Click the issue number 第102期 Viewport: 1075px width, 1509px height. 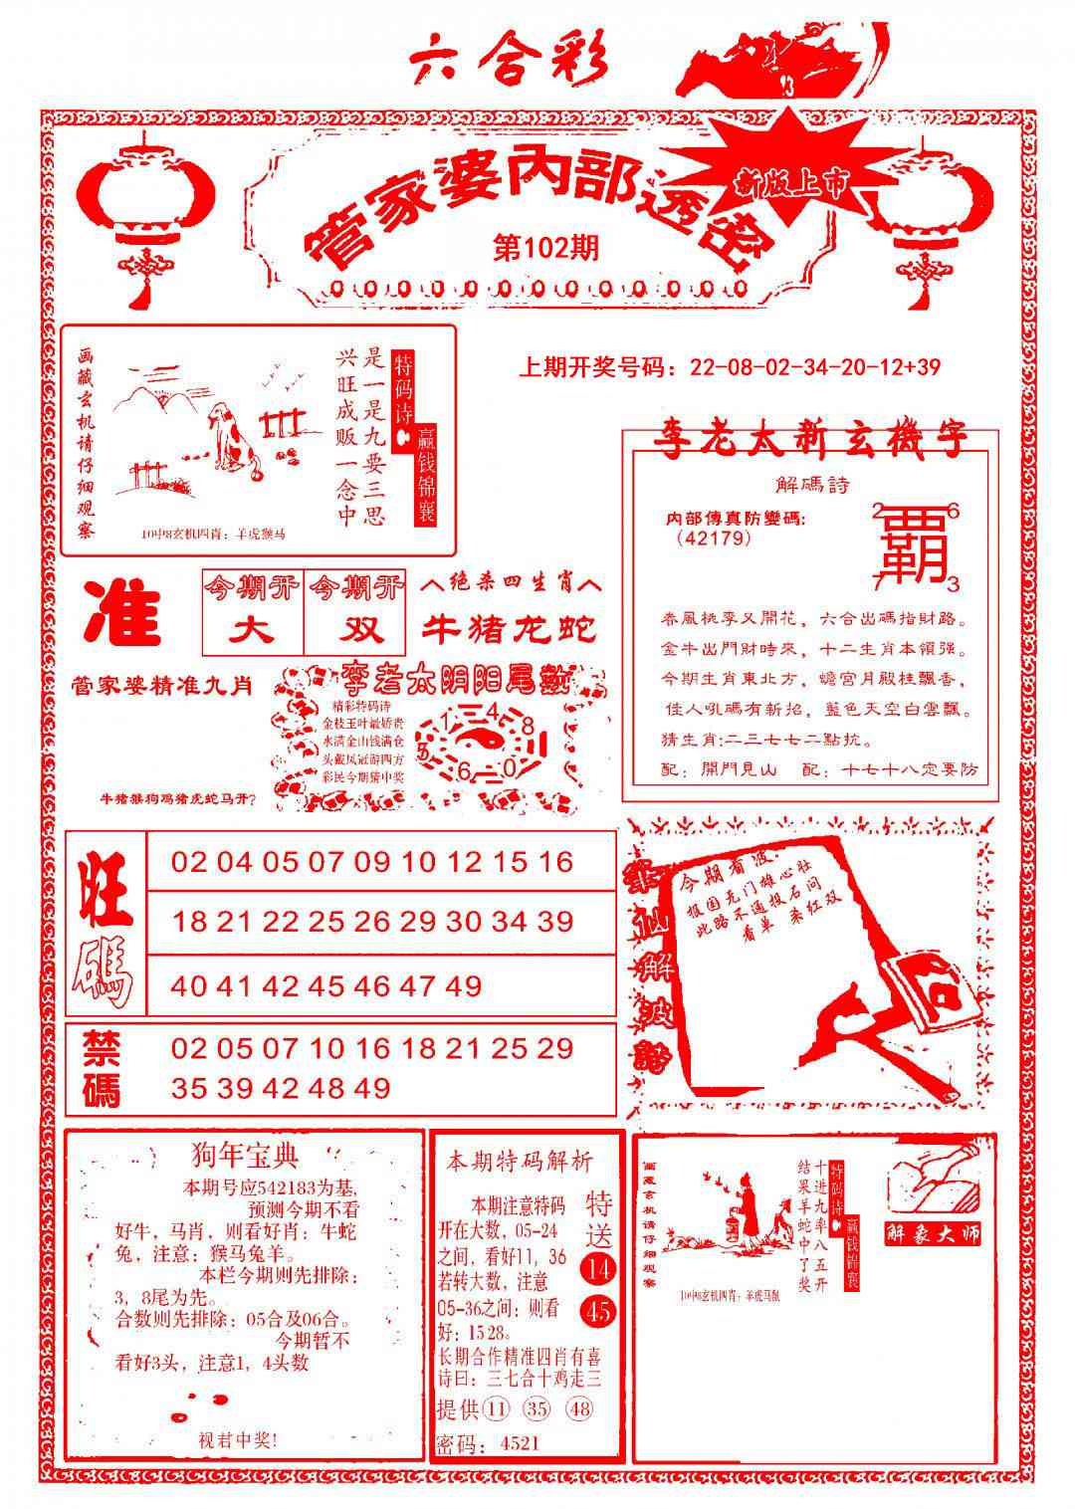pos(545,248)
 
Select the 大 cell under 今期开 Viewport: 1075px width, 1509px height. pos(253,630)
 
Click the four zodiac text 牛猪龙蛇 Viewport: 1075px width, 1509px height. pos(510,629)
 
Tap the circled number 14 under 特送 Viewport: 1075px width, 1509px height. pos(599,1268)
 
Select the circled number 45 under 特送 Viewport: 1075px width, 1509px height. pos(599,1311)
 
